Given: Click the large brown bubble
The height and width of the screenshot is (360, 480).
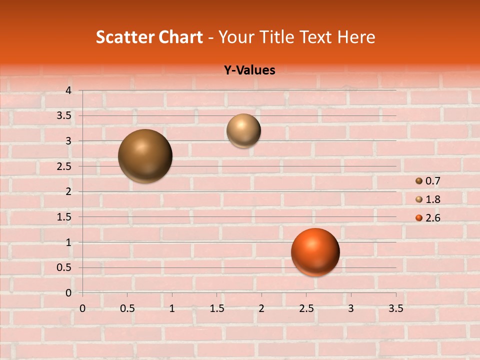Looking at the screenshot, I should point(145,156).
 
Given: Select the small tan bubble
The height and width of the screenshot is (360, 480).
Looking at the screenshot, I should point(243,130).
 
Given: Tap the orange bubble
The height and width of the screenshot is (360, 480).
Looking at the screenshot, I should point(315,252).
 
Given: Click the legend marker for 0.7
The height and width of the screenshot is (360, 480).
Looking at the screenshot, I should point(419,181).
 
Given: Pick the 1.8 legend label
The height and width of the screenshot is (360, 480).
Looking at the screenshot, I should point(433,199).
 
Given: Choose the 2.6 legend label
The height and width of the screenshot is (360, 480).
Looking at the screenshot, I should point(433,218).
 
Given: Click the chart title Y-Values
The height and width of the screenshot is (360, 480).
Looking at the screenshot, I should point(249,70).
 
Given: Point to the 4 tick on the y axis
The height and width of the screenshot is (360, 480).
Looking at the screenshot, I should point(69,90).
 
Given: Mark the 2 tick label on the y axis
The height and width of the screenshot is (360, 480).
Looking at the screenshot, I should point(69,191).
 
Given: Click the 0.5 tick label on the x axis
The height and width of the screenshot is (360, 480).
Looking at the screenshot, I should point(127,308).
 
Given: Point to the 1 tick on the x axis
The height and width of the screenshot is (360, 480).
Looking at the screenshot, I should point(172,308).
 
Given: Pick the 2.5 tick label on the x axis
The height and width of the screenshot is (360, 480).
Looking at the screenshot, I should point(306,308).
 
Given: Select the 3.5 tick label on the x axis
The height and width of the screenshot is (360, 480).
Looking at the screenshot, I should point(396,308).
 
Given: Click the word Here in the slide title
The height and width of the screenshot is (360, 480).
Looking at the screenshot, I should point(356,37).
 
